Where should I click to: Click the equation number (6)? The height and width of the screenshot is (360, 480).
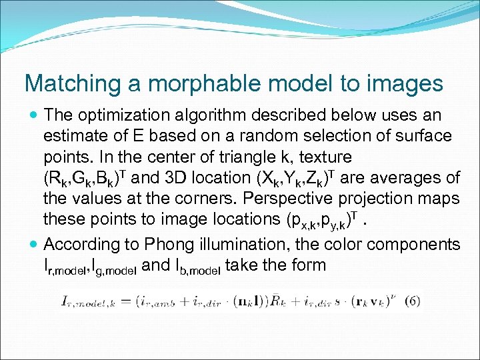[412, 301]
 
